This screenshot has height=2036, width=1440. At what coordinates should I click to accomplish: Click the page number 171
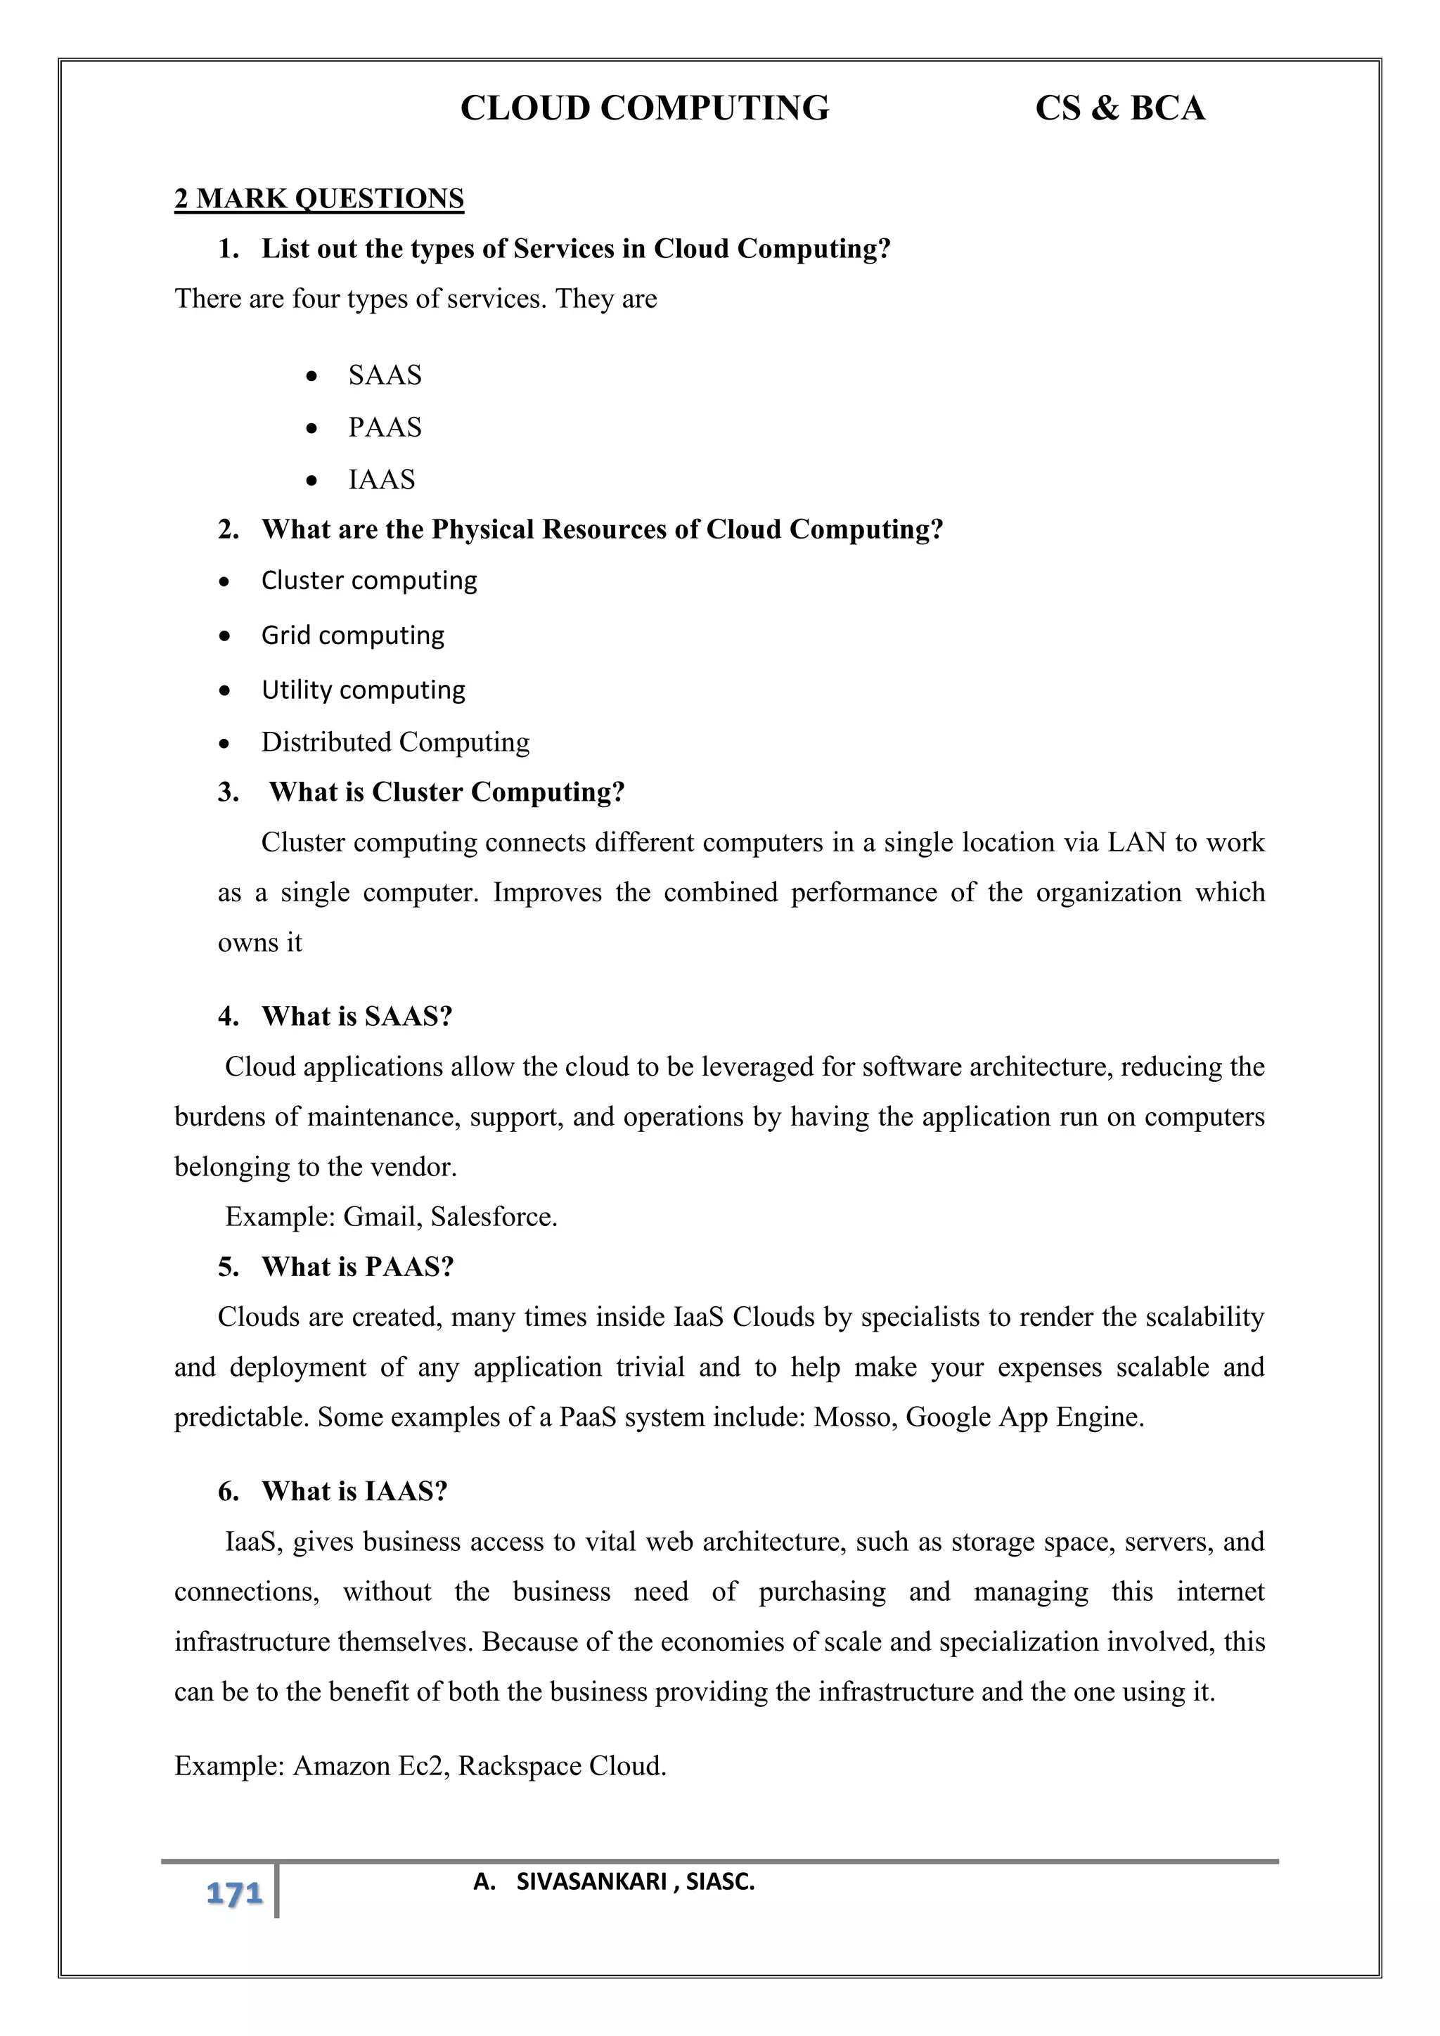click(x=234, y=1894)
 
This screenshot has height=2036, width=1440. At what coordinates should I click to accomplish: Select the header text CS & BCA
click(x=1120, y=108)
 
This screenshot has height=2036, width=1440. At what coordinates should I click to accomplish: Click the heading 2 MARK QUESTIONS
click(x=319, y=199)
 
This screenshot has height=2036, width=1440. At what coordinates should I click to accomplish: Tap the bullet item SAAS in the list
click(x=385, y=375)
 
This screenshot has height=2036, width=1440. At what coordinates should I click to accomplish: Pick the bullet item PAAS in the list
click(x=385, y=427)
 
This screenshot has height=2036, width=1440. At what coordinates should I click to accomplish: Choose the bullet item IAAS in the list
click(x=381, y=479)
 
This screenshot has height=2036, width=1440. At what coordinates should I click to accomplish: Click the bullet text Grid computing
click(x=353, y=635)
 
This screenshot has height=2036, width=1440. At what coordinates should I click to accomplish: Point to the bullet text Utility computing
click(x=363, y=690)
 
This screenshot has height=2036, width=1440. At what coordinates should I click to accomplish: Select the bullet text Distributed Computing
click(x=394, y=742)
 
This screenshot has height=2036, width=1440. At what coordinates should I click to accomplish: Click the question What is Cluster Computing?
click(x=447, y=792)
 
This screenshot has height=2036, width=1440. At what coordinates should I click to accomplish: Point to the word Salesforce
click(x=493, y=1217)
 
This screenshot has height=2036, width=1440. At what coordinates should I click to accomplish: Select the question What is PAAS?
click(x=357, y=1267)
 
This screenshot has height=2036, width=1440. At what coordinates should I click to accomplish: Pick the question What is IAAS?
click(x=354, y=1492)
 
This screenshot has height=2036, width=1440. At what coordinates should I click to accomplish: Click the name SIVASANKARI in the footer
click(x=591, y=1882)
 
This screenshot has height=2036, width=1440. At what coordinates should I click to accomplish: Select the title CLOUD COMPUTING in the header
click(x=645, y=108)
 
